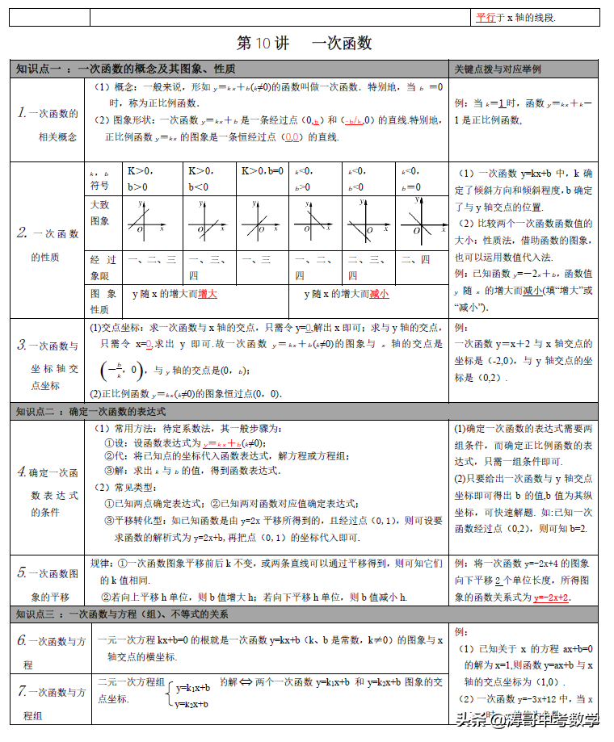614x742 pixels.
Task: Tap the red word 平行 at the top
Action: pos(486,16)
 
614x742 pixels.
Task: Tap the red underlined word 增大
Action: pos(207,295)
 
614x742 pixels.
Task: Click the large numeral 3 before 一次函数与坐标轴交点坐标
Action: pos(22,345)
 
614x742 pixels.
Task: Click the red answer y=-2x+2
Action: pos(552,597)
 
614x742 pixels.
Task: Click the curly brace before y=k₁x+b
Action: pos(170,695)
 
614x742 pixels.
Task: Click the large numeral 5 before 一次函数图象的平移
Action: pos(23,573)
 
